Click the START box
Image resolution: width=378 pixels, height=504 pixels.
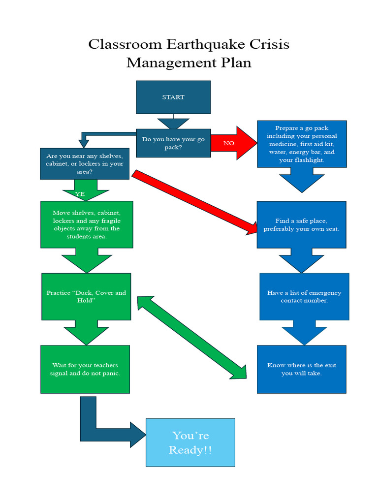(173, 97)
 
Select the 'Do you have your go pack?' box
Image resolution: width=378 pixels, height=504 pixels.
(173, 143)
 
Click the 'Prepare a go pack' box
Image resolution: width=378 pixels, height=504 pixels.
(302, 144)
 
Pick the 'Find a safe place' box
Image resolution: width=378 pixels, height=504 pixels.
(301, 225)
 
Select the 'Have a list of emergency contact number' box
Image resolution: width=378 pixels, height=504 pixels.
(304, 296)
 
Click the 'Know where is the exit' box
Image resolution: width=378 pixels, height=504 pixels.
(301, 369)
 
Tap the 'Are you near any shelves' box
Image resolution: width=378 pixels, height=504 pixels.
(85, 163)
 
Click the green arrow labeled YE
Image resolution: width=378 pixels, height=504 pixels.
(80, 190)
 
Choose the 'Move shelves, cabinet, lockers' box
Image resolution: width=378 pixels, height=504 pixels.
(87, 224)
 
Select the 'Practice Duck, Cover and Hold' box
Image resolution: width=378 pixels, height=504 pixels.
(86, 296)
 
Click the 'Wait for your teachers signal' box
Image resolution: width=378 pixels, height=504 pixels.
(85, 369)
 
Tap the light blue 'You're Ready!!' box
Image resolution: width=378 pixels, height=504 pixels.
(190, 442)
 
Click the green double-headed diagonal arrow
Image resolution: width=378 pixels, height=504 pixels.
(191, 338)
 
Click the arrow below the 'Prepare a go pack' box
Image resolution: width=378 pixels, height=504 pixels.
(302, 180)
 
